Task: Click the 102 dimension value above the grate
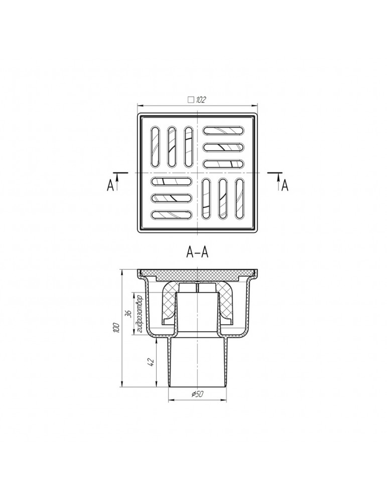(x=200, y=100)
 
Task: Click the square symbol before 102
(x=191, y=100)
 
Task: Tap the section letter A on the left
(x=110, y=185)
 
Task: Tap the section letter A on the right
(x=285, y=185)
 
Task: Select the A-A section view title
(x=197, y=253)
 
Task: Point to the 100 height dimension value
(x=116, y=328)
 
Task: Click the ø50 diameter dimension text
(x=197, y=394)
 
